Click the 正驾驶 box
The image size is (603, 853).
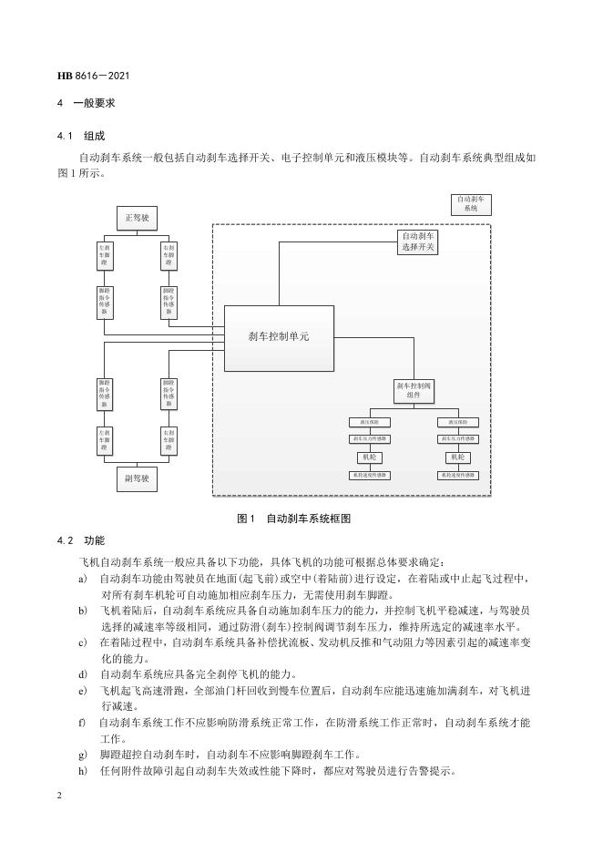pyautogui.click(x=137, y=218)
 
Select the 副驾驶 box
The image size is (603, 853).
pyautogui.click(x=137, y=476)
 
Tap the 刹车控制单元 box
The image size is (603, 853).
pyautogui.click(x=279, y=336)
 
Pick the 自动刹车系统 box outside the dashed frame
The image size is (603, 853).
pyautogui.click(x=472, y=203)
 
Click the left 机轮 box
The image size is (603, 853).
pyautogui.click(x=370, y=457)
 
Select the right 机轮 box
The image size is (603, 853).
pyautogui.click(x=457, y=457)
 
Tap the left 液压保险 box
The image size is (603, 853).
pyautogui.click(x=370, y=422)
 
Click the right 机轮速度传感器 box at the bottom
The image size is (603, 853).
pyautogui.click(x=457, y=475)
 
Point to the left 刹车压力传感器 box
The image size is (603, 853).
pyautogui.click(x=370, y=439)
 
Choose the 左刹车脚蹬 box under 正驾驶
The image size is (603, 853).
pyautogui.click(x=105, y=255)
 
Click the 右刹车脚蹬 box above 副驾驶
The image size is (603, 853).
pyautogui.click(x=169, y=440)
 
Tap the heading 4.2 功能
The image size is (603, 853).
pyautogui.click(x=81, y=540)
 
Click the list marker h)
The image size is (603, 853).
pyautogui.click(x=84, y=770)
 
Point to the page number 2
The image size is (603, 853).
pyautogui.click(x=59, y=795)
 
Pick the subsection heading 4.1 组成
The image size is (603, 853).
pyautogui.click(x=81, y=136)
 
